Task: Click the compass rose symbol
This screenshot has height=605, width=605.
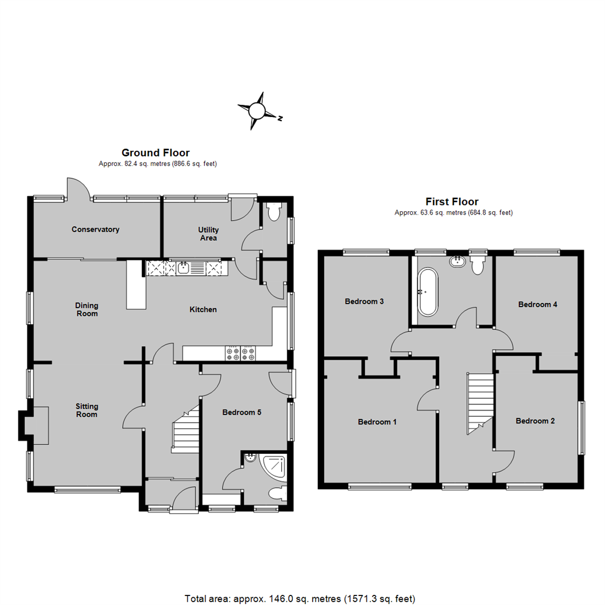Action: click(x=257, y=111)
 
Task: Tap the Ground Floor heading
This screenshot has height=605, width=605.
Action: click(x=155, y=152)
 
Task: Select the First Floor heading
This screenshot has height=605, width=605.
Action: click(x=452, y=202)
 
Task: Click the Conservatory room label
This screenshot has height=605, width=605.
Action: click(x=95, y=229)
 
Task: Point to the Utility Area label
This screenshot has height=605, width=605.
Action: click(x=208, y=234)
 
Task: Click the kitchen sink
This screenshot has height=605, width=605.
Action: click(x=184, y=268)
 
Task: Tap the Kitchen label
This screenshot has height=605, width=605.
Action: click(x=203, y=309)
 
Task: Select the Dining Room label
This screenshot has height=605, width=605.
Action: click(x=87, y=309)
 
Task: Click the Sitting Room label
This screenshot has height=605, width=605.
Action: click(x=87, y=410)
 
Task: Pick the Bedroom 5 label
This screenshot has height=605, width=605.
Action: click(x=242, y=412)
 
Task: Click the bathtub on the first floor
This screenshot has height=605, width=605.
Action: click(x=429, y=291)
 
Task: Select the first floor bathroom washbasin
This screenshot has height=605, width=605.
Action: click(x=457, y=260)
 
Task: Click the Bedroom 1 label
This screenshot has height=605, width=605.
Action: click(x=378, y=422)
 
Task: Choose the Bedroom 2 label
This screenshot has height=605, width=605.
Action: click(x=536, y=421)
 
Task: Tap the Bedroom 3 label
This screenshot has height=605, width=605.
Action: click(x=364, y=301)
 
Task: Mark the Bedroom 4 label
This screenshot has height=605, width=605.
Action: click(x=538, y=305)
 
